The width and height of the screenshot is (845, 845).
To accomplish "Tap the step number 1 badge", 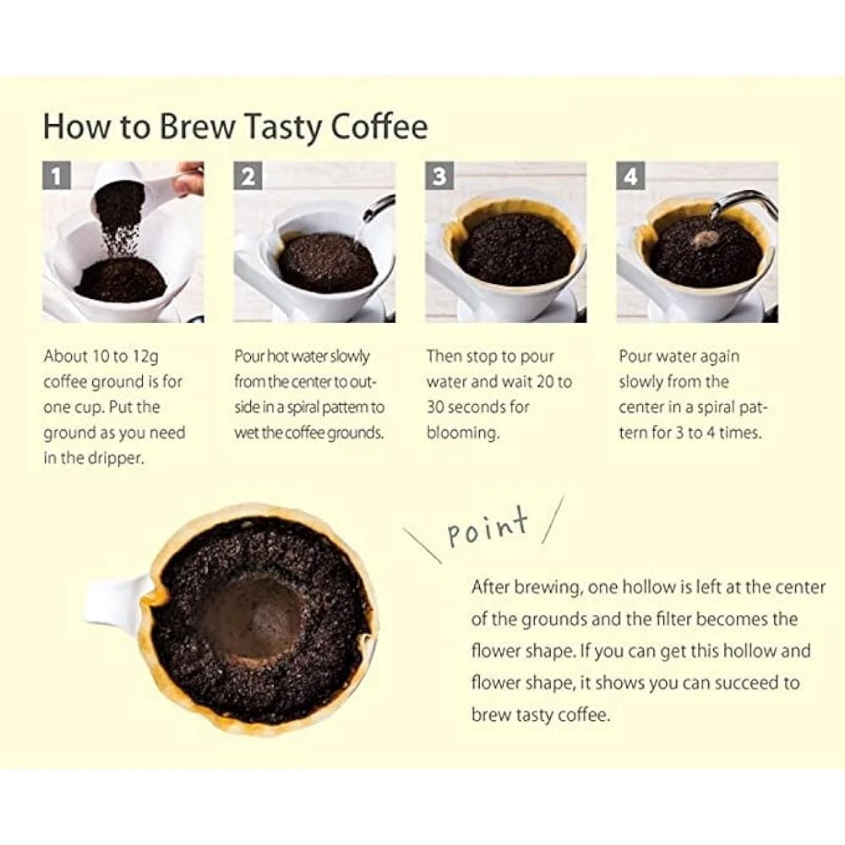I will (x=57, y=177).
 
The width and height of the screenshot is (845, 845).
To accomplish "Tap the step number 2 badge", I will (x=248, y=177).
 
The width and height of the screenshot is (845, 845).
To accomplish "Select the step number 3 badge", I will (x=439, y=177).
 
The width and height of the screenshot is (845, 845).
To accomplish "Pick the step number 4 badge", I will (x=631, y=177).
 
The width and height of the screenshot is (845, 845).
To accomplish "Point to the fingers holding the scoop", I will (x=190, y=179).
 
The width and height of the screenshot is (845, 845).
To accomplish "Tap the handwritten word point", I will (x=488, y=529).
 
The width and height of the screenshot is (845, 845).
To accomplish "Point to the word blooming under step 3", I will (x=461, y=433).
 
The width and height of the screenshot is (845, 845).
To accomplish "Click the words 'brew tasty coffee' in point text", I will (x=539, y=714).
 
